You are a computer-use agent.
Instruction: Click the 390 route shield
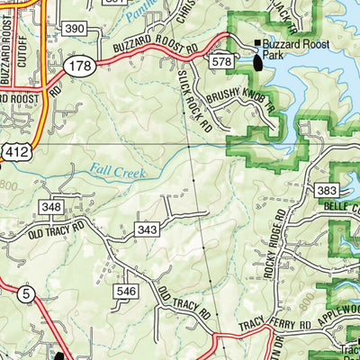click(x=75, y=30)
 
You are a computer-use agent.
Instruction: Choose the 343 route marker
click(x=148, y=231)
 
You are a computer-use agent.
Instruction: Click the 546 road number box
click(x=125, y=292)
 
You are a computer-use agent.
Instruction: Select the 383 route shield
click(x=327, y=191)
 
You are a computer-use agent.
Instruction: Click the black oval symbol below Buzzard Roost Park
click(x=259, y=61)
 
